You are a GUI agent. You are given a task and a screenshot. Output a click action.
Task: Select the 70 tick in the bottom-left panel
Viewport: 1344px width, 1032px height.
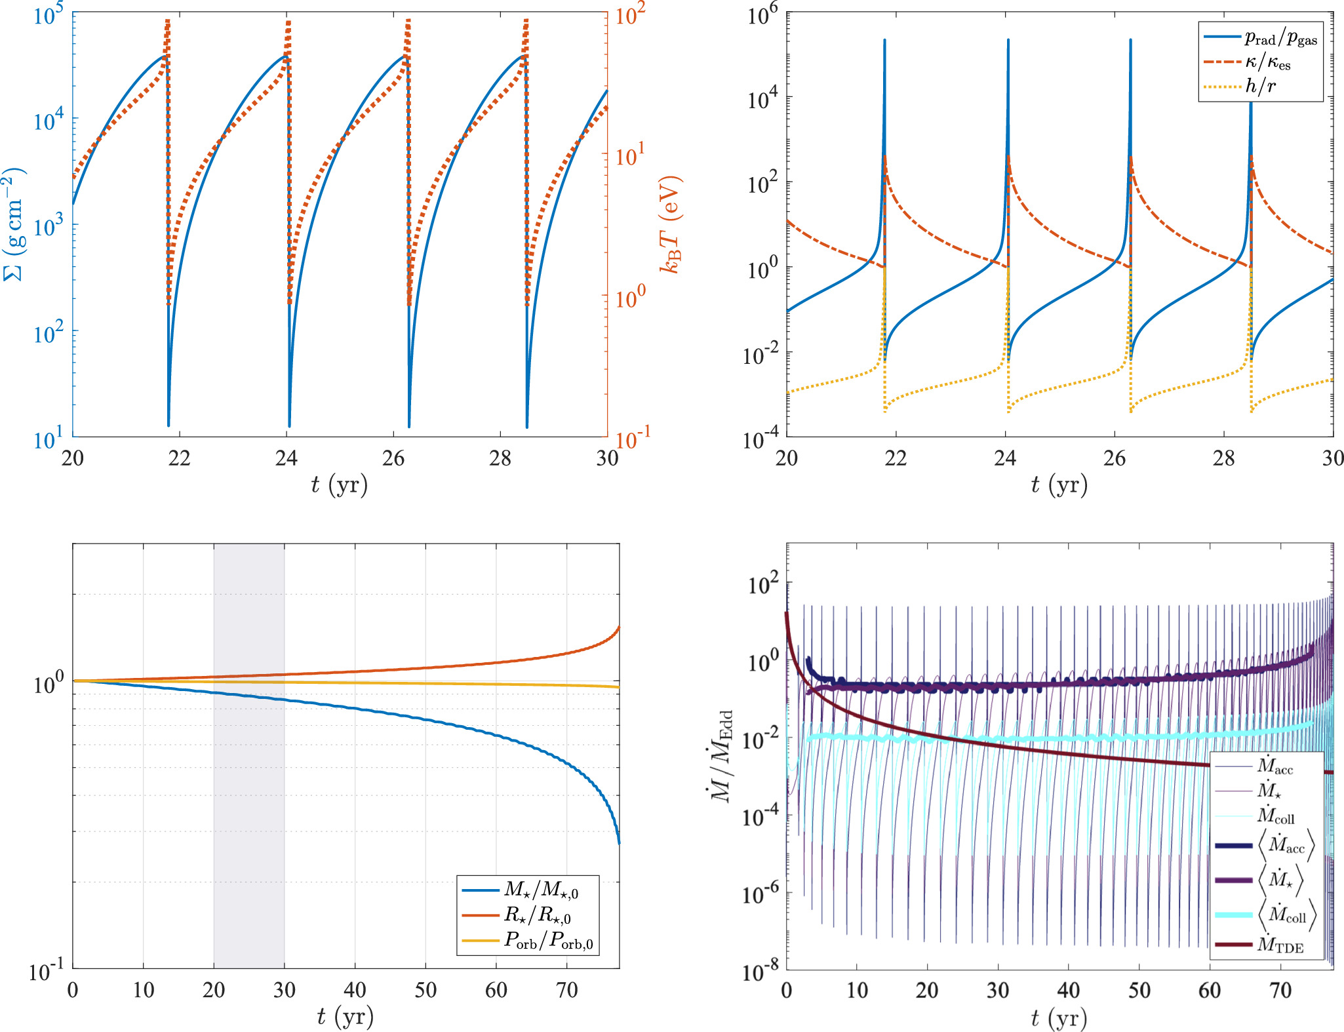[567, 989]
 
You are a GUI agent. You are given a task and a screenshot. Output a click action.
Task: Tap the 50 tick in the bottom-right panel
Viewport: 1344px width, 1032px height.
[1139, 989]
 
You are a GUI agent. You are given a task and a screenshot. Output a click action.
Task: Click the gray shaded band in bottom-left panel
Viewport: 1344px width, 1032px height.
[249, 787]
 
